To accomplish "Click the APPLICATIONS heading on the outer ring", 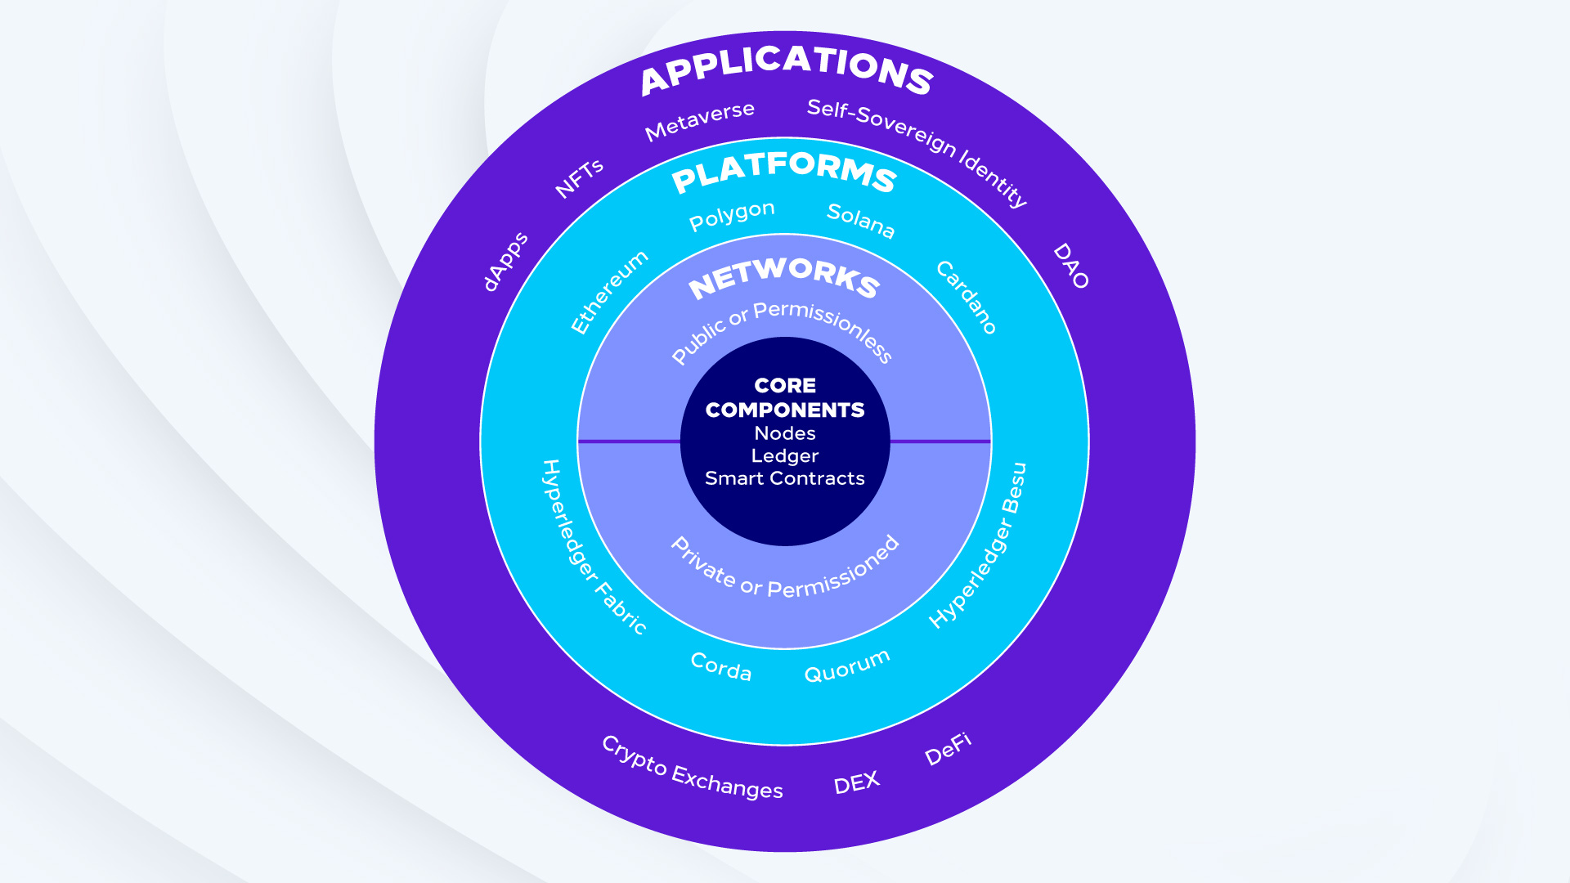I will tap(786, 69).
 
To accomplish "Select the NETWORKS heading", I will tap(784, 277).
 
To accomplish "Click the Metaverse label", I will tap(699, 121).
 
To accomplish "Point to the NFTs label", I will tap(579, 178).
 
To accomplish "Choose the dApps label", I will tap(505, 262).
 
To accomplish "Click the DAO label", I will tap(1071, 266).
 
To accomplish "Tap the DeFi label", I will tap(948, 749).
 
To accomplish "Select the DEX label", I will tap(856, 783).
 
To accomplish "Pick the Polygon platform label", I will tap(732, 215).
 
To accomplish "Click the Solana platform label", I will tap(861, 221).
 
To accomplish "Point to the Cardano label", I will tap(966, 298).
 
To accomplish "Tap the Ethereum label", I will tap(609, 292).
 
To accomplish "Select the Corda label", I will tap(720, 667).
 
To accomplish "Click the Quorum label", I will tap(847, 666).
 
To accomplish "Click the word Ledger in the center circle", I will tap(785, 456).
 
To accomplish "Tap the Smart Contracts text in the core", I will tap(785, 478).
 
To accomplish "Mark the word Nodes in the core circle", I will tap(785, 433).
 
